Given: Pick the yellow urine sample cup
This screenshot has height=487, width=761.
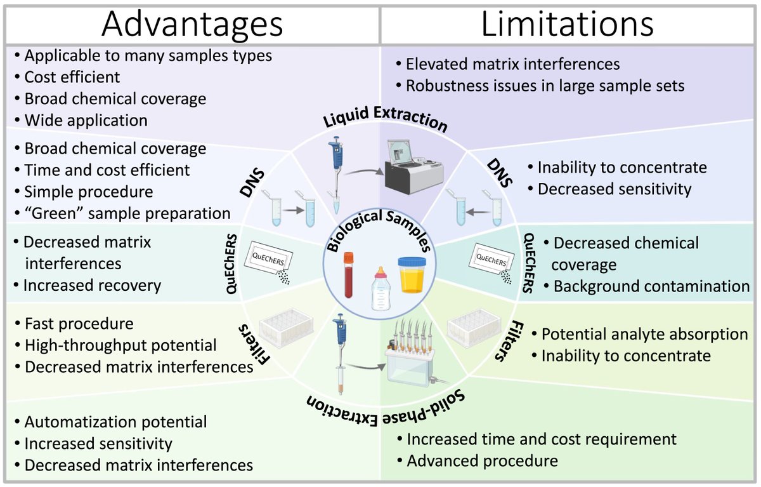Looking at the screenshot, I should pyautogui.click(x=410, y=275).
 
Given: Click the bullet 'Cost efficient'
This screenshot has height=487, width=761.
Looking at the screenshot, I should pyautogui.click(x=72, y=77).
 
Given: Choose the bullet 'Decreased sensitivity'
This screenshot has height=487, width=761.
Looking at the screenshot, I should pyautogui.click(x=614, y=189).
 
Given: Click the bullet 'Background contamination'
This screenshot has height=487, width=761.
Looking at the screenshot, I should pyautogui.click(x=651, y=286).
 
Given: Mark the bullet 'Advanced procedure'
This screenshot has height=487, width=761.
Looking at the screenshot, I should pyautogui.click(x=482, y=460).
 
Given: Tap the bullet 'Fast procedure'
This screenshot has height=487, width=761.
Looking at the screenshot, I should pyautogui.click(x=79, y=324).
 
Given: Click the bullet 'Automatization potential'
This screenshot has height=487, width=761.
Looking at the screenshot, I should pyautogui.click(x=115, y=422).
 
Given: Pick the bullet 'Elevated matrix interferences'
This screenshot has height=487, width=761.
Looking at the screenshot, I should pyautogui.click(x=512, y=64).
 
